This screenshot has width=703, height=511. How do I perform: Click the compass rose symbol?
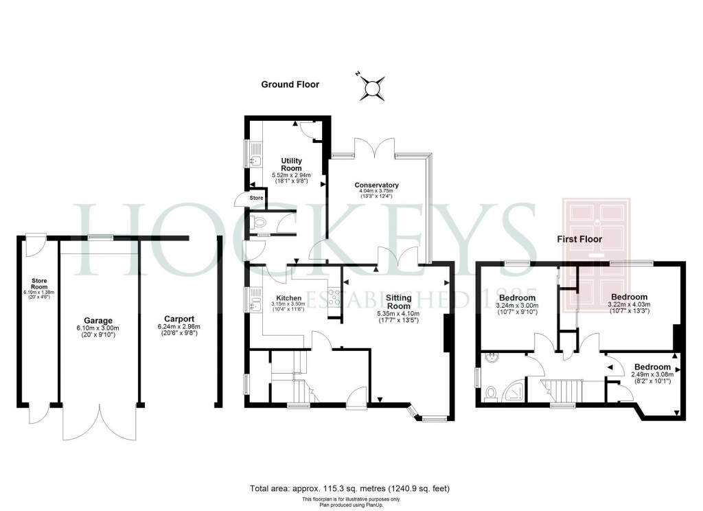point(373,87)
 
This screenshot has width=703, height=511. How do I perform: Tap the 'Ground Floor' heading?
point(290,84)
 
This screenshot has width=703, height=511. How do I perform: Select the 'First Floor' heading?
point(579,239)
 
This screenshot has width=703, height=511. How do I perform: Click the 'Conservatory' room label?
point(376,185)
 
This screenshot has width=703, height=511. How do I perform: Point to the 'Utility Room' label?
point(292,164)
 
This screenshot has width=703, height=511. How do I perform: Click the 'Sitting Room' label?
point(398,302)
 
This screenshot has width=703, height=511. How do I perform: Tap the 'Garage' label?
point(98,321)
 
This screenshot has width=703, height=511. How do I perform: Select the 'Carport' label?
point(179,319)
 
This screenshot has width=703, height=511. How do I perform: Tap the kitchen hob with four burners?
point(334,297)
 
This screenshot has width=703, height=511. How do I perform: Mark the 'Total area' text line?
point(350,488)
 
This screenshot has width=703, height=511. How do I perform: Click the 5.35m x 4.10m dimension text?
point(398,314)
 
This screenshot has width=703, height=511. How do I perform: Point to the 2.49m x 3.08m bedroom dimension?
point(652,374)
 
